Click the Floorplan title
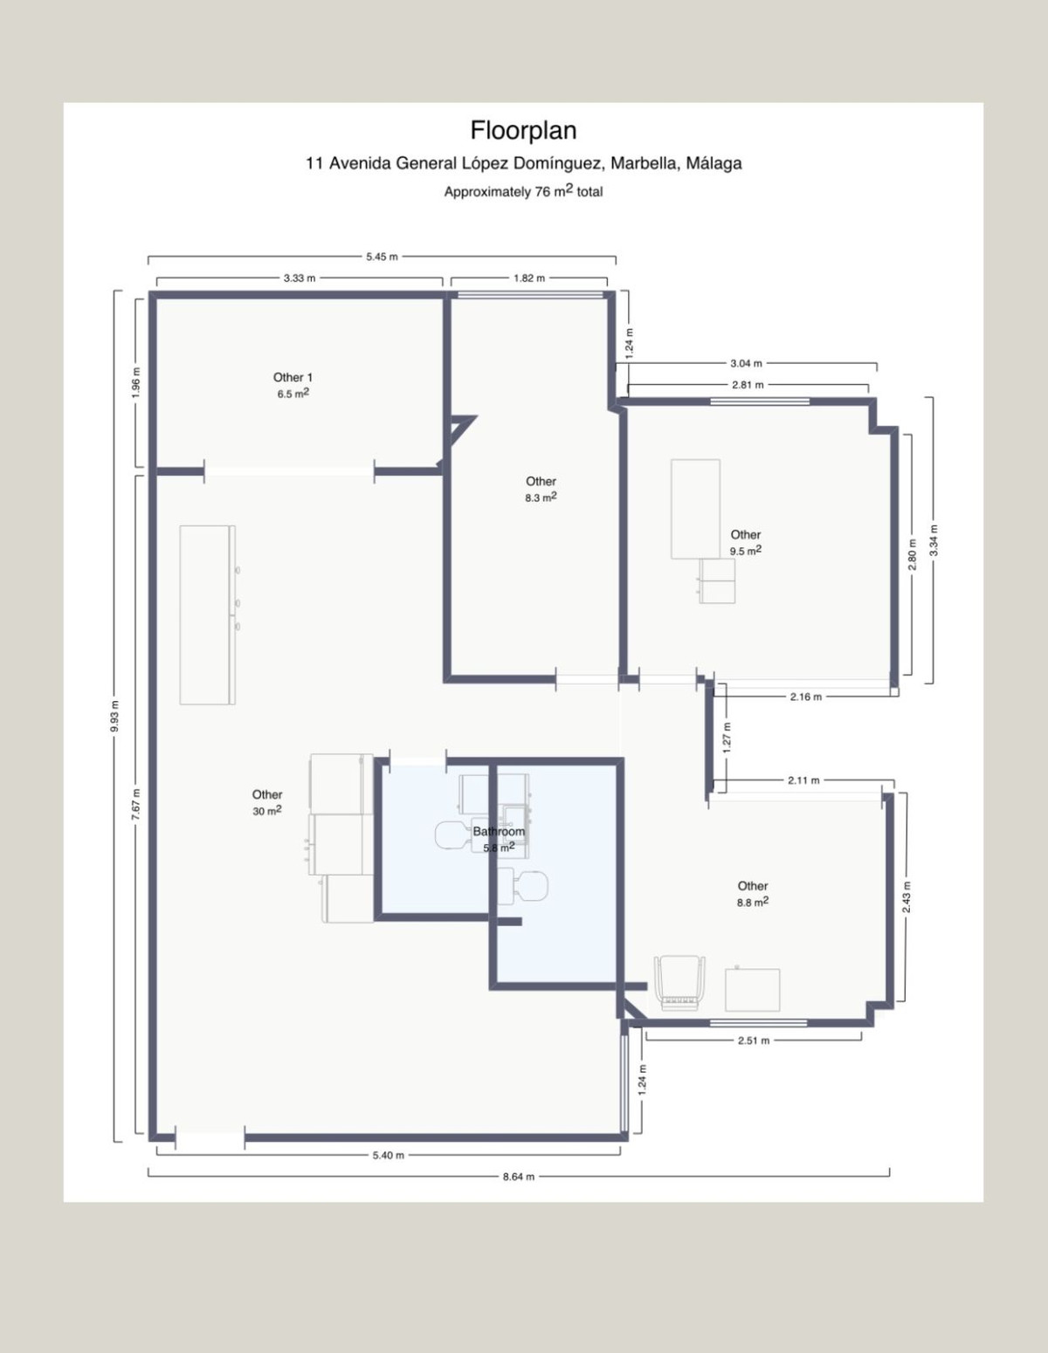(523, 131)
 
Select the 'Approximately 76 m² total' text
(523, 191)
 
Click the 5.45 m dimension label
(382, 257)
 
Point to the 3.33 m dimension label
(300, 278)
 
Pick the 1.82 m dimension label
(528, 278)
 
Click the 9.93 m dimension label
(115, 716)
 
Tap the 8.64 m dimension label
(519, 1176)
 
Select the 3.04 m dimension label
(746, 363)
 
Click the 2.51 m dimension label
(754, 1041)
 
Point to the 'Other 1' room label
(293, 377)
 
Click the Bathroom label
(499, 831)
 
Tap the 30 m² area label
(267, 811)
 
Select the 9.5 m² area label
(745, 551)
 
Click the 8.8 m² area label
(752, 902)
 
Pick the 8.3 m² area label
(541, 498)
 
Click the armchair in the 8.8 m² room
(679, 983)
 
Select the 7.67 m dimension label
(136, 803)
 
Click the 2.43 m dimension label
(907, 897)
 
